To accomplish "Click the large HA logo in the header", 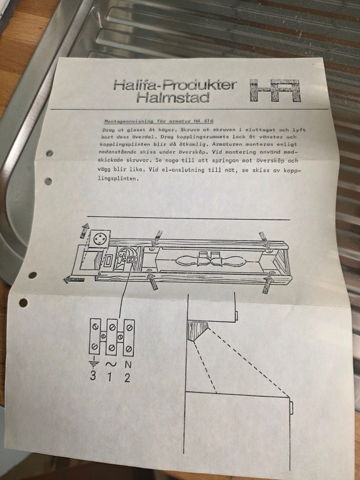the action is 275,90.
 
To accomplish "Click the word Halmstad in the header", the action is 173,98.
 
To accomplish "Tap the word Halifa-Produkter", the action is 175,85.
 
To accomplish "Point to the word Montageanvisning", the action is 129,121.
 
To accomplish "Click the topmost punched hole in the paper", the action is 50,153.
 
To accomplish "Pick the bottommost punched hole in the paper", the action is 24,303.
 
